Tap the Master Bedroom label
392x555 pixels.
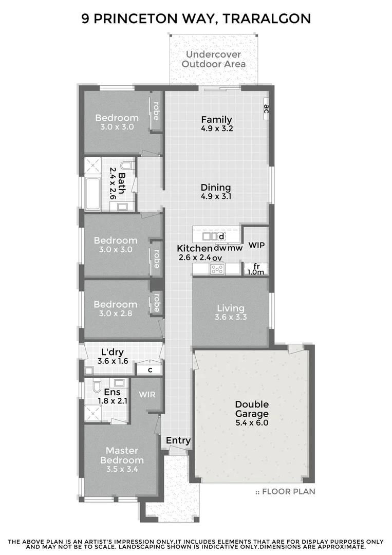pos(122,455)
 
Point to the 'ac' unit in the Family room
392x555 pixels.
pos(266,109)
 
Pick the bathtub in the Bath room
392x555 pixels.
pos(93,193)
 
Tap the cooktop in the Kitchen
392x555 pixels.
pos(217,268)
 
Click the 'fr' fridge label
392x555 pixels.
pos(256,266)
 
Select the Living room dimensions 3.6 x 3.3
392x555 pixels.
pos(231,318)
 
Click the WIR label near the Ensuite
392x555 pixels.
pos(147,394)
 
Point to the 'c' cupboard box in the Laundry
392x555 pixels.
pos(150,369)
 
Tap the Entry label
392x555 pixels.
pos(178,440)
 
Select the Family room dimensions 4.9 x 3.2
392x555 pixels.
pos(217,129)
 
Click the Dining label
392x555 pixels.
pos(216,188)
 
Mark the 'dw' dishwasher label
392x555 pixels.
pos(220,248)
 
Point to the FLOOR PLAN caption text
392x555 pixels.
pos(288,492)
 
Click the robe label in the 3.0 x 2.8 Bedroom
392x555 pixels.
pos(156,302)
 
